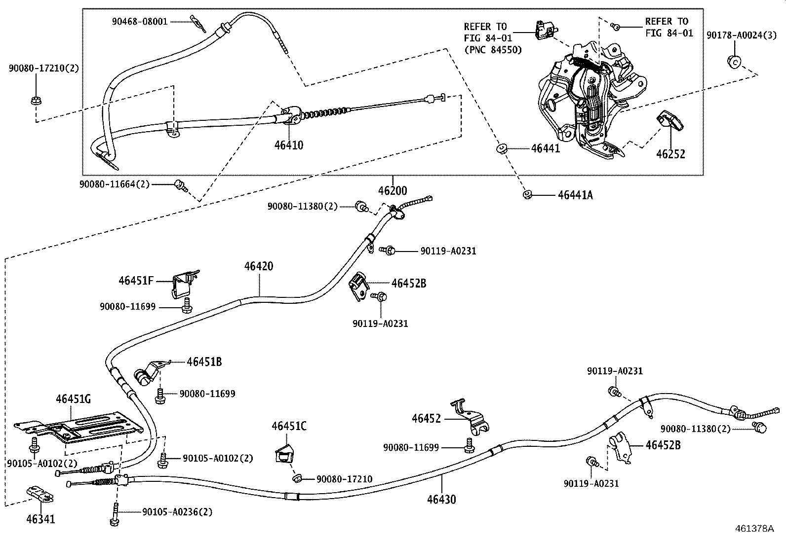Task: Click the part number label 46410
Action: [289, 145]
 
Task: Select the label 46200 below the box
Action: [393, 191]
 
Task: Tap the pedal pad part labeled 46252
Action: [670, 120]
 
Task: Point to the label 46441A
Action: [575, 195]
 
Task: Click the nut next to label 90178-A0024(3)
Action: [733, 62]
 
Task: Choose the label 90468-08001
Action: [139, 22]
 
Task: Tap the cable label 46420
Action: [258, 266]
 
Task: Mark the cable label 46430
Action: [441, 500]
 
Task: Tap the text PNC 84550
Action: [493, 50]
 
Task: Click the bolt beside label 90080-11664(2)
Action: [180, 186]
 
